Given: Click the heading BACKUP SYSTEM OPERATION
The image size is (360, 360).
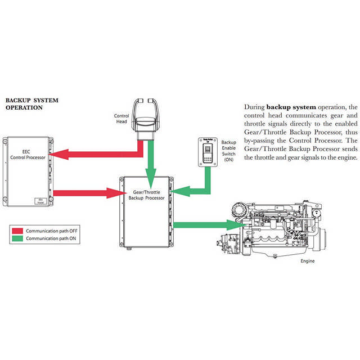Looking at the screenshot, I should tap(31, 104).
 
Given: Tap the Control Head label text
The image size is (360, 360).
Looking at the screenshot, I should tap(121, 119).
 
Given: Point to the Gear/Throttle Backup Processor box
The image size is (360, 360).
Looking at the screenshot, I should tap(146, 213).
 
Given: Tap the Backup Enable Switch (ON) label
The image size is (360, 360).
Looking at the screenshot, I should tap(228, 151).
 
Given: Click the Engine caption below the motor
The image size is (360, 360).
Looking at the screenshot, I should tap(307, 261).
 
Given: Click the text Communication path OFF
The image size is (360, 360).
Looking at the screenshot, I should tap(51, 231).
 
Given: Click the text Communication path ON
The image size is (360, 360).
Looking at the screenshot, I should tap(50, 238).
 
